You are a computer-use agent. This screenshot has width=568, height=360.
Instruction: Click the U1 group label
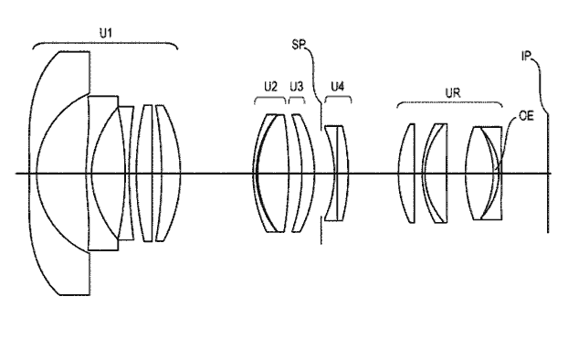coord(106,34)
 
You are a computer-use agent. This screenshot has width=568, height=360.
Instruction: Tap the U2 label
coord(270,87)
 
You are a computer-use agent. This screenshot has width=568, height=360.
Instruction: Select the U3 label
coord(296,87)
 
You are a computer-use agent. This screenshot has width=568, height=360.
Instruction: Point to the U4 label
coord(338,87)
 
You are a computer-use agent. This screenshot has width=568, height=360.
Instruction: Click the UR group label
coord(453,93)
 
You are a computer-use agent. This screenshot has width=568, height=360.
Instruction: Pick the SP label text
coord(299,44)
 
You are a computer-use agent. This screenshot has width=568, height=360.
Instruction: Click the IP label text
coord(526,56)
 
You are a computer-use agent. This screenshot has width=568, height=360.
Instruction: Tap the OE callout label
coord(526,116)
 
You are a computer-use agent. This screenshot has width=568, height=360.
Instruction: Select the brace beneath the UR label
coord(449,102)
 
